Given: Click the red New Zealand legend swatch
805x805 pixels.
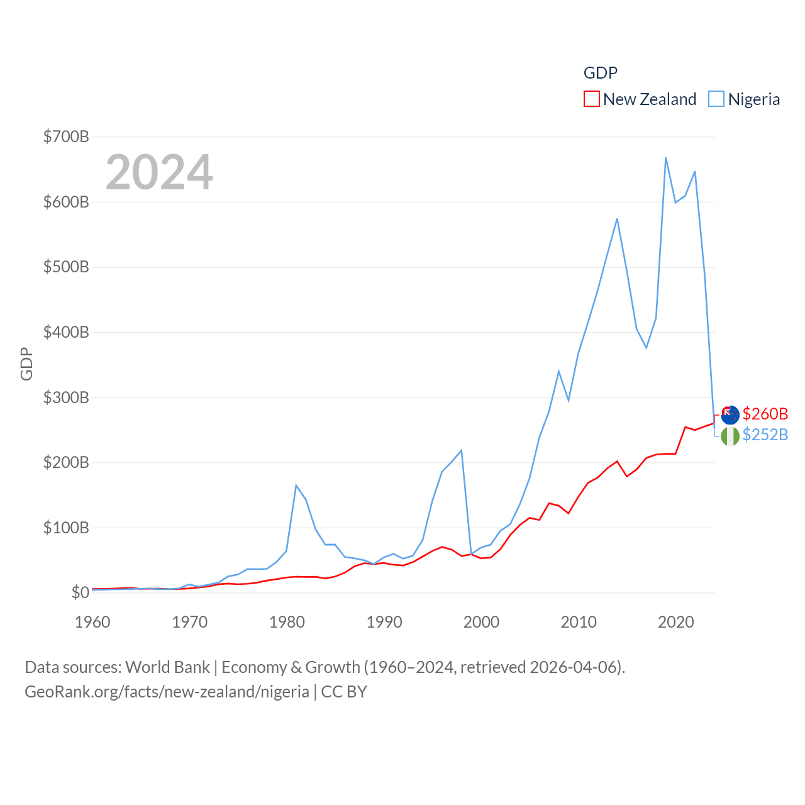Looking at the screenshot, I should pyautogui.click(x=591, y=99).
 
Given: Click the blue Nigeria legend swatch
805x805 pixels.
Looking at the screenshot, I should pyautogui.click(x=716, y=99).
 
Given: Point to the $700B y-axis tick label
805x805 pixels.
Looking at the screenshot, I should pyautogui.click(x=66, y=136).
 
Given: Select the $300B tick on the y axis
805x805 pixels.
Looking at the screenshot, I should pyautogui.click(x=66, y=397).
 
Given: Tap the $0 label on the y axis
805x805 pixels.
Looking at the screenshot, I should pyautogui.click(x=80, y=592).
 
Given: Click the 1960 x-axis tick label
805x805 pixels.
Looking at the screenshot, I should pyautogui.click(x=92, y=622).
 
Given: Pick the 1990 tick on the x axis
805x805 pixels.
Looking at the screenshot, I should pyautogui.click(x=384, y=622).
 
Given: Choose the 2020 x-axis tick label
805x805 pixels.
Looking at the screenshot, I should pyautogui.click(x=676, y=622).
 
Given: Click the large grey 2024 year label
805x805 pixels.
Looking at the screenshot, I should pyautogui.click(x=159, y=172).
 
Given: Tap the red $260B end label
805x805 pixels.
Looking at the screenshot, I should pyautogui.click(x=765, y=414).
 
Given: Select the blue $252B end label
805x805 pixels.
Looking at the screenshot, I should pyautogui.click(x=765, y=435).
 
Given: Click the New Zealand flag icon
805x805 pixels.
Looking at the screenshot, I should pyautogui.click(x=730, y=415).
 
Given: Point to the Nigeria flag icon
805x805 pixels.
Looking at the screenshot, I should pyautogui.click(x=730, y=436).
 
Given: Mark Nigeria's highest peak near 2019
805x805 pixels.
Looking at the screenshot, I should pyautogui.click(x=665, y=158).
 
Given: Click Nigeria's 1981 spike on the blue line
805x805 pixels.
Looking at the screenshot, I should pyautogui.click(x=296, y=486).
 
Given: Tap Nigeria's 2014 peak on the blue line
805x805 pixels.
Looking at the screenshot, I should pyautogui.click(x=617, y=219).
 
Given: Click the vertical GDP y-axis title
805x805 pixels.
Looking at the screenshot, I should pyautogui.click(x=26, y=364).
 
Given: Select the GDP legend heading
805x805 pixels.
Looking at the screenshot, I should pyautogui.click(x=601, y=73).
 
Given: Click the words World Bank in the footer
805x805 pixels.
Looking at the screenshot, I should pyautogui.click(x=167, y=667).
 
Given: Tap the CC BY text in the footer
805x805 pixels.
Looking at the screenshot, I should pyautogui.click(x=344, y=692).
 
